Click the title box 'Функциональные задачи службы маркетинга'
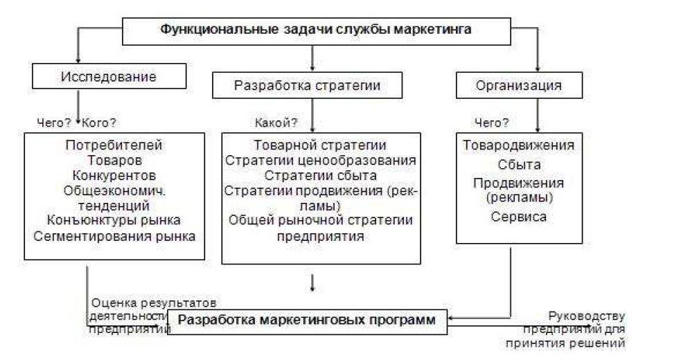[x=315, y=30]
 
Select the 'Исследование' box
[x=109, y=76]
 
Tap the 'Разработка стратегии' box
[x=307, y=87]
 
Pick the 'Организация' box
[x=518, y=87]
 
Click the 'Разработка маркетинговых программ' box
[x=307, y=321]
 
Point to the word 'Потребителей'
[x=114, y=145]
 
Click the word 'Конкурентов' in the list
[x=114, y=175]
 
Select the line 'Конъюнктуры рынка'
[x=114, y=221]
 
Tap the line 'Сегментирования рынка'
[x=114, y=236]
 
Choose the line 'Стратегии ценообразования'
[x=320, y=161]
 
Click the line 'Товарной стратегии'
[x=320, y=145]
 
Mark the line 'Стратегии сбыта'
[x=320, y=175]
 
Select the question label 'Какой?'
[x=276, y=123]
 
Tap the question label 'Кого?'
[x=99, y=123]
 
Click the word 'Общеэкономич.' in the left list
[x=114, y=190]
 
